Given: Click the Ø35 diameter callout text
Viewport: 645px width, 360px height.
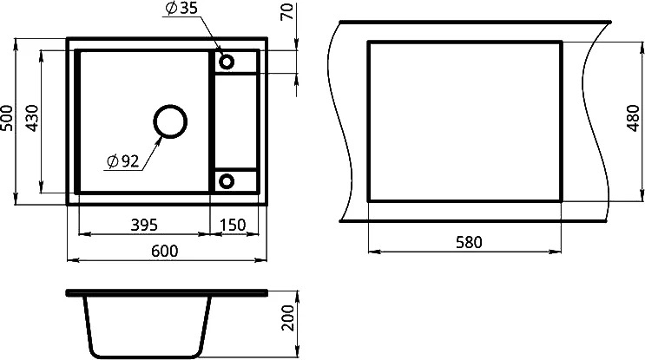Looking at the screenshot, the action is pos(181,8).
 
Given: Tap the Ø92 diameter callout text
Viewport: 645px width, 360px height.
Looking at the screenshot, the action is pos(122,161).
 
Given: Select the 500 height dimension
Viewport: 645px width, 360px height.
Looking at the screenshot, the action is pos(7,118).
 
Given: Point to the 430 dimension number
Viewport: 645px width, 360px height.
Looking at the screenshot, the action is pos(31,118).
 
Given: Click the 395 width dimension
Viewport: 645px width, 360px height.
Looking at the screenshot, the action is pos(144,225).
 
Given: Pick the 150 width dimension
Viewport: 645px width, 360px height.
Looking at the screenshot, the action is pos(233,225).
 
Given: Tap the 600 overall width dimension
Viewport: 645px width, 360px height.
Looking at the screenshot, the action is pos(165,251).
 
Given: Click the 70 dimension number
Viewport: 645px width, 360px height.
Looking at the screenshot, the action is pos(287,11).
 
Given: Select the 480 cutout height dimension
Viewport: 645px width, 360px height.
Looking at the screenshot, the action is pos(634,118).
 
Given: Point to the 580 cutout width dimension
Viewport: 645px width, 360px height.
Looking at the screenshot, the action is pos(469,242).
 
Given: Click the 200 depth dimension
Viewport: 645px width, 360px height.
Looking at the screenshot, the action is pos(288,317).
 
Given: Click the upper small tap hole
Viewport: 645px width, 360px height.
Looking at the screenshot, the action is pos(227,62).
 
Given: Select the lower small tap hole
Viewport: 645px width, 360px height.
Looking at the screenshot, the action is pos(227,181).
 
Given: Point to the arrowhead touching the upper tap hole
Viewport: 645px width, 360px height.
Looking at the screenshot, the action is pos(218,49).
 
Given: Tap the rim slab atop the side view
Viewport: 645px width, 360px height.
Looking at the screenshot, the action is pos(167,292).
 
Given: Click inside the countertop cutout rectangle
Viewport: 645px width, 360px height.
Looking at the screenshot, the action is pos(464,121).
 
